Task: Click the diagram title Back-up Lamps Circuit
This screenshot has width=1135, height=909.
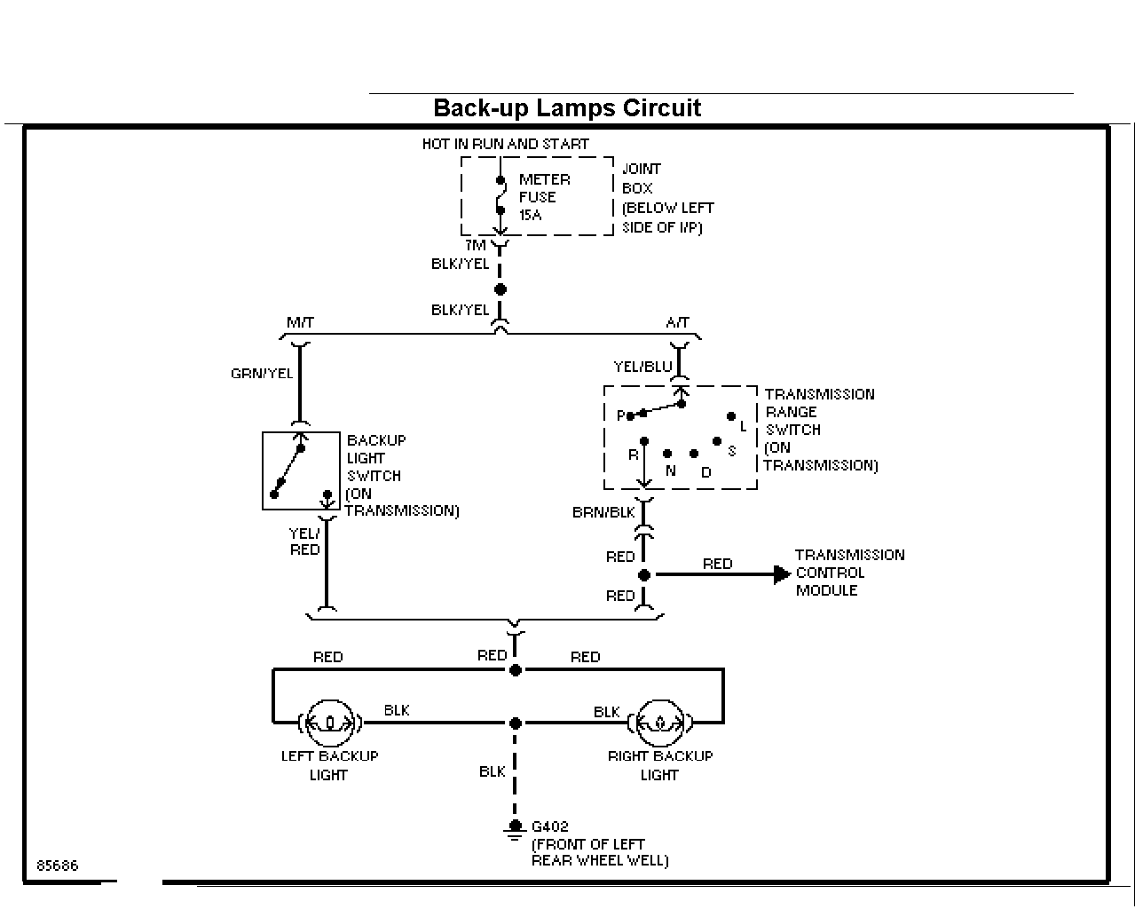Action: pyautogui.click(x=567, y=108)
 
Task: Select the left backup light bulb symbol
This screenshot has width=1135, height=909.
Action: pyautogui.click(x=330, y=723)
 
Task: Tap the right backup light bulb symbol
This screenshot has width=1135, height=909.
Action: pyautogui.click(x=660, y=723)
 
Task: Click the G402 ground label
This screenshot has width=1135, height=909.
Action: pyautogui.click(x=549, y=826)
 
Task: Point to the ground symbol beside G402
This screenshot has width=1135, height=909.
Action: pyautogui.click(x=515, y=830)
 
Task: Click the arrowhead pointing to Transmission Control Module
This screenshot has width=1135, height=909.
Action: pyautogui.click(x=782, y=574)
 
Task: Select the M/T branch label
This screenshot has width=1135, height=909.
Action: pyautogui.click(x=300, y=322)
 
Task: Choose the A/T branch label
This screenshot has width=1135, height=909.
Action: pyautogui.click(x=677, y=322)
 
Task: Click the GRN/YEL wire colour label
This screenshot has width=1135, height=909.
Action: pyautogui.click(x=262, y=374)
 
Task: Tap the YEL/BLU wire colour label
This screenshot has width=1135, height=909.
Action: pyautogui.click(x=642, y=367)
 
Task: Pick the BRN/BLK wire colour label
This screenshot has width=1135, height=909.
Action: pyautogui.click(x=603, y=512)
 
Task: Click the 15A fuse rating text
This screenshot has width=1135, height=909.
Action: pyautogui.click(x=530, y=215)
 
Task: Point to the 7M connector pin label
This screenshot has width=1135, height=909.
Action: pyautogui.click(x=475, y=245)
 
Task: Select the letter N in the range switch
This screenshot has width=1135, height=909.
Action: pyautogui.click(x=670, y=470)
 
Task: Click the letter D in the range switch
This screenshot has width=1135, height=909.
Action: pyautogui.click(x=706, y=472)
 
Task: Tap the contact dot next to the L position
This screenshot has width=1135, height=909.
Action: pyautogui.click(x=731, y=416)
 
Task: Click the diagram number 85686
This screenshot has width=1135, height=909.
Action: pyautogui.click(x=57, y=866)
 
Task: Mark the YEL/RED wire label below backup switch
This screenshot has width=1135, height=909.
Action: pyautogui.click(x=305, y=541)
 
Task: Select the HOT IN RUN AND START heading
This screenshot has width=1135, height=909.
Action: pyautogui.click(x=505, y=144)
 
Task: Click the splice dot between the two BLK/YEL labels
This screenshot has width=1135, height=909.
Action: pyautogui.click(x=500, y=289)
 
